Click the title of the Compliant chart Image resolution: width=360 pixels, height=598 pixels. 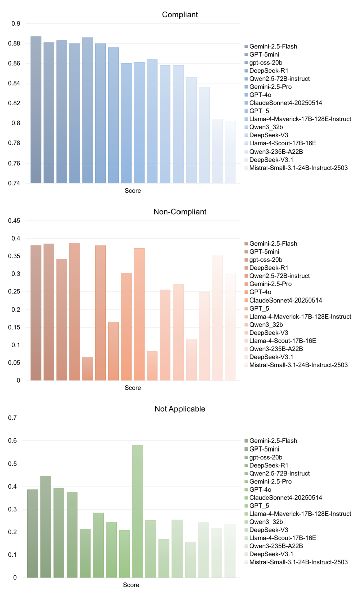pyautogui.click(x=180, y=15)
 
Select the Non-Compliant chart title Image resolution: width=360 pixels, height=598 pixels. pyautogui.click(x=180, y=212)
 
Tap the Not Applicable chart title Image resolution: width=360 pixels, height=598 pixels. pyautogui.click(x=180, y=409)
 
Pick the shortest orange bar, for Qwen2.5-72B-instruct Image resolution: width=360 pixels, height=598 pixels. pyautogui.click(x=88, y=369)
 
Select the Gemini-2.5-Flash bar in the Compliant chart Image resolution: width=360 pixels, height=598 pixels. pyautogui.click(x=36, y=110)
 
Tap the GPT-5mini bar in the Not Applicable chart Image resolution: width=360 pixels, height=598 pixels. pyautogui.click(x=46, y=527)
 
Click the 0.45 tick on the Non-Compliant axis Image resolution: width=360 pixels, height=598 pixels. pyautogui.click(x=14, y=221)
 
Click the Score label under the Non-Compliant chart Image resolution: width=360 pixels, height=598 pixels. pyautogui.click(x=133, y=388)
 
